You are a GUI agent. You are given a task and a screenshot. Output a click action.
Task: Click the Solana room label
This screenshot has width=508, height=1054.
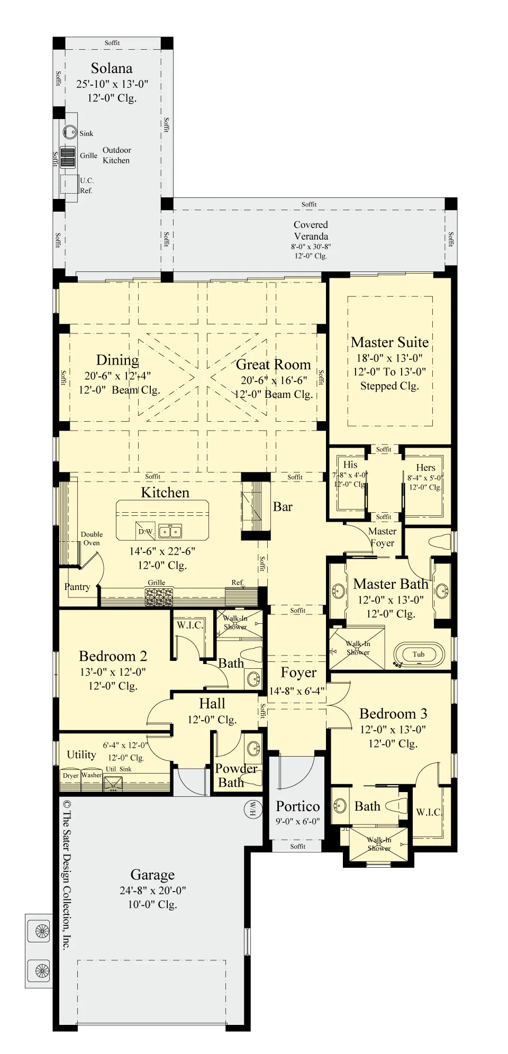[x=112, y=68]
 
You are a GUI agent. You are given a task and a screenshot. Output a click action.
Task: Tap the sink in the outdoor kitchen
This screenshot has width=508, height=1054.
[x=70, y=132]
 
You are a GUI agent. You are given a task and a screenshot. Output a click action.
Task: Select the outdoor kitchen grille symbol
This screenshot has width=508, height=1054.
[x=68, y=157]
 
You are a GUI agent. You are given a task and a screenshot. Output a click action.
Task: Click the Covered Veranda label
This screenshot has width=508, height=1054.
[x=311, y=231]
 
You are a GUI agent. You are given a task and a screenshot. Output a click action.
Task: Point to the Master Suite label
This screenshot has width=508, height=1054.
[x=390, y=342]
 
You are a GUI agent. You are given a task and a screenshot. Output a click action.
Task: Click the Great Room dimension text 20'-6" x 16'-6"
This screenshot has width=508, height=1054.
[x=274, y=380]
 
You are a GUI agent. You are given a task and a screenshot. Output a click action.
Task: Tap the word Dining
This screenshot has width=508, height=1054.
[x=117, y=360]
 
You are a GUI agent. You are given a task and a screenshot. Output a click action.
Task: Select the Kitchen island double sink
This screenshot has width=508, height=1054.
[x=170, y=531]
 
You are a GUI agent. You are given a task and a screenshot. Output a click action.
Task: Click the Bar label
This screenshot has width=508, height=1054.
[x=283, y=507]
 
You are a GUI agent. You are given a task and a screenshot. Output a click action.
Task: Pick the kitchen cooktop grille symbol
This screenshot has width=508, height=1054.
[x=159, y=597]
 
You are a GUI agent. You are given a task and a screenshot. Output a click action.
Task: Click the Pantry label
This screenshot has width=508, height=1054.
[x=77, y=587]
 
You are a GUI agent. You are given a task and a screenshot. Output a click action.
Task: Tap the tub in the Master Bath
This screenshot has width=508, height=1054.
[x=419, y=655]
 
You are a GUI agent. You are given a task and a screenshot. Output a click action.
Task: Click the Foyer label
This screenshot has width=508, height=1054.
[x=298, y=673]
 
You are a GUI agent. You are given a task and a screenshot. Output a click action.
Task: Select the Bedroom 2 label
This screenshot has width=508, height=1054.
[x=113, y=656]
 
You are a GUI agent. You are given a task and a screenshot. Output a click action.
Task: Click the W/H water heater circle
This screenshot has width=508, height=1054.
[x=252, y=808]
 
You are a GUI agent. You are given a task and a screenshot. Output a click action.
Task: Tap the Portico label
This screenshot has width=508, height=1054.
[x=298, y=806]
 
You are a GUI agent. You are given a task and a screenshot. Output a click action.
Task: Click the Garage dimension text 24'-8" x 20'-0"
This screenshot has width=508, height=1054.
[x=152, y=891]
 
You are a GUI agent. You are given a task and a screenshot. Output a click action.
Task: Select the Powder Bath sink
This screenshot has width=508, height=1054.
[x=254, y=748]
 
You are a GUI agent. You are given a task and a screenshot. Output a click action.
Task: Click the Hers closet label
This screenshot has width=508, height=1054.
[x=425, y=468]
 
